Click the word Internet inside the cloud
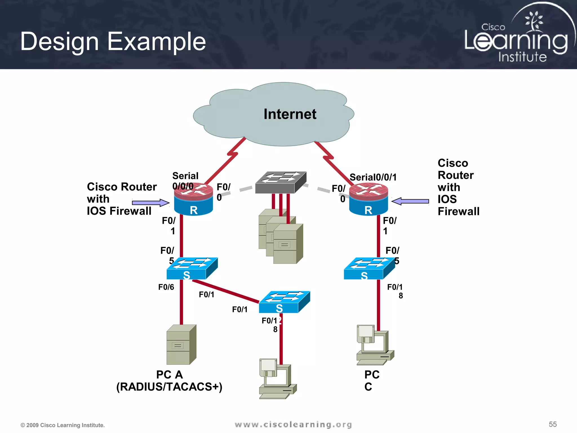[290, 114]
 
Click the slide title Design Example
[113, 41]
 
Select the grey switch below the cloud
[281, 182]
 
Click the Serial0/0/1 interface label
[373, 177]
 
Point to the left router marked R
[193, 200]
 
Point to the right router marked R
[369, 200]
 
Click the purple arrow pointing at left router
[150, 202]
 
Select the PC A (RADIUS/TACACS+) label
[169, 381]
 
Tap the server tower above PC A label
[181, 345]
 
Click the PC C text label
[372, 381]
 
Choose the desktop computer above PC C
[374, 345]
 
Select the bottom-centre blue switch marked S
[284, 302]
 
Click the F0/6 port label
[166, 287]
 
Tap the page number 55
[552, 424]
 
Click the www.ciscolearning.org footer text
[293, 425]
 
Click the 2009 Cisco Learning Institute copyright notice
[63, 425]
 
